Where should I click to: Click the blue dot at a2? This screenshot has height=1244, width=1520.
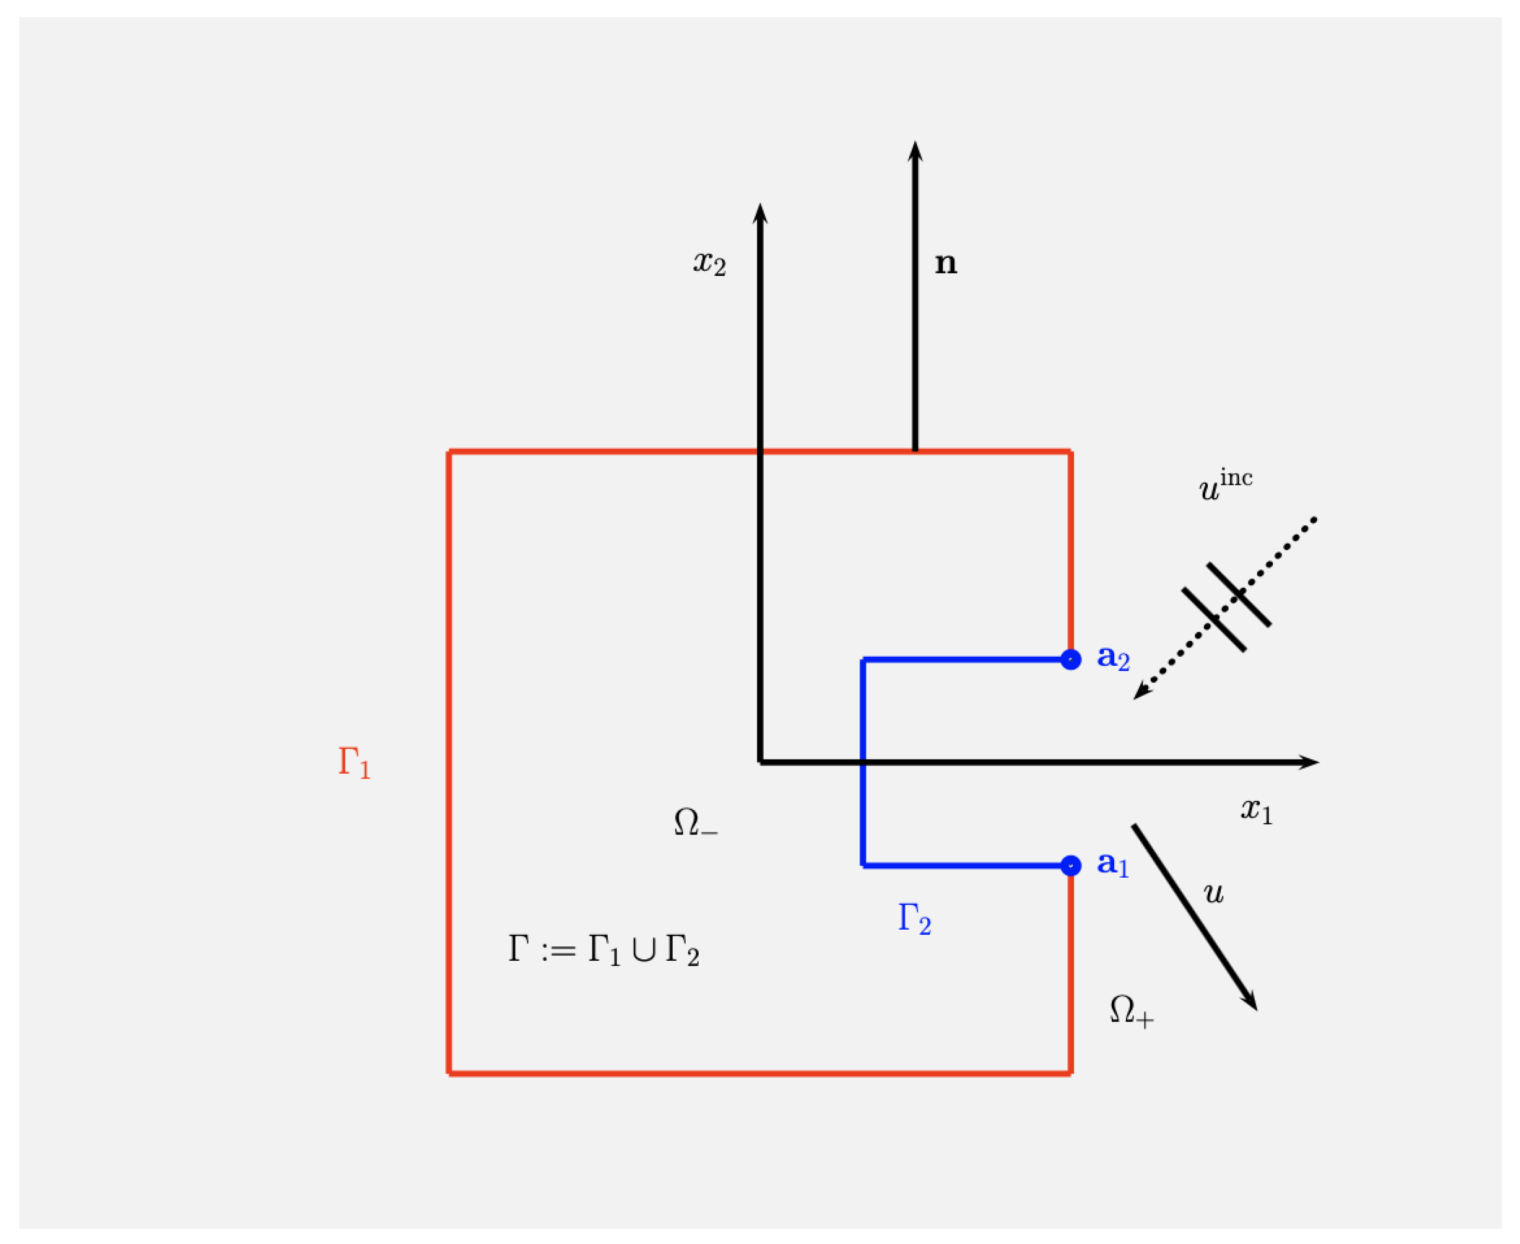[x=1070, y=659]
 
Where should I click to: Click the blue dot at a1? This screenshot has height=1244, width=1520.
[x=1070, y=866]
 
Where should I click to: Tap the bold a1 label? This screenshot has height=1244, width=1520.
[x=1112, y=864]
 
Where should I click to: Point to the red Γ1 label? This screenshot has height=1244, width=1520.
[x=354, y=762]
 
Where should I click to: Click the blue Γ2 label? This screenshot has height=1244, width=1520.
[x=914, y=918]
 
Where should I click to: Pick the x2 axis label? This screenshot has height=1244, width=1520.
[x=709, y=263]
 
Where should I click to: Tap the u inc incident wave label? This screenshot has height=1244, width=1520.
[x=1225, y=485]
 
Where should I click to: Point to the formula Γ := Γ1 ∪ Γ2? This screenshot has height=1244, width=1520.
[x=603, y=950]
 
